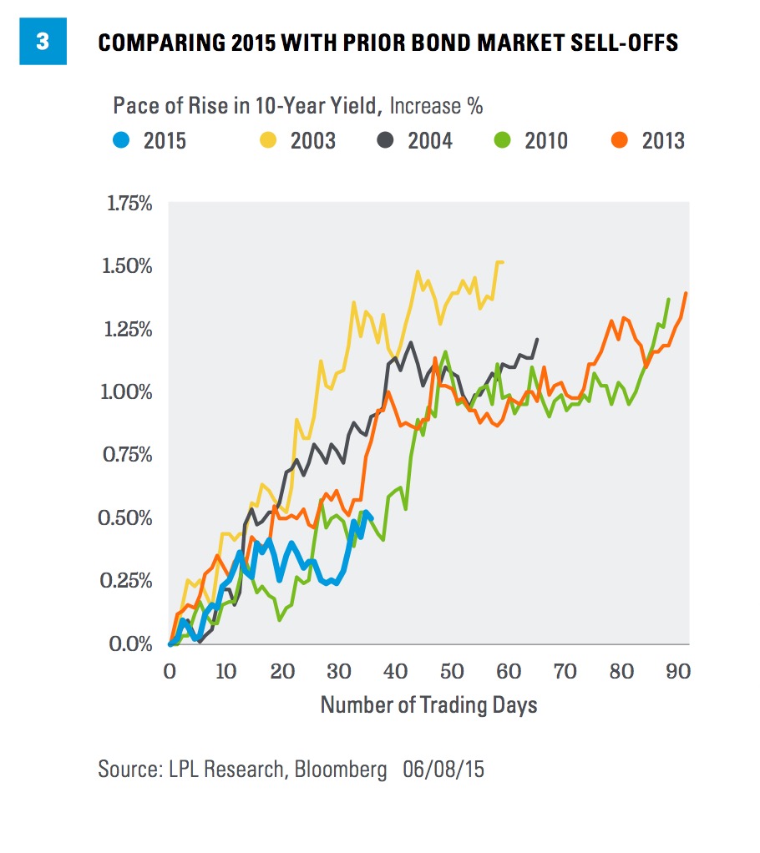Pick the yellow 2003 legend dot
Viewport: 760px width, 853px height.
(x=268, y=139)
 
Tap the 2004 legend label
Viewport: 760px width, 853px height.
(x=429, y=140)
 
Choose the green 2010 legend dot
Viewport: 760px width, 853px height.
(x=503, y=139)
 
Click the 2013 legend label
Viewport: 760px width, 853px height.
(x=663, y=140)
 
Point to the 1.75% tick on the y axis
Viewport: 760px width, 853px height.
(x=126, y=204)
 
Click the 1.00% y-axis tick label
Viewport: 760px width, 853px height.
(x=126, y=392)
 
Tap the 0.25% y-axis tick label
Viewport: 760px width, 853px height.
(x=126, y=580)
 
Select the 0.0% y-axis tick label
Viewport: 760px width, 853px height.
(x=131, y=644)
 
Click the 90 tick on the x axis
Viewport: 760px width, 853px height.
(x=678, y=670)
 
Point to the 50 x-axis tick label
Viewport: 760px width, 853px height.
(x=452, y=670)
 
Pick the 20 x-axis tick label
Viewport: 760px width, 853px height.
(x=282, y=670)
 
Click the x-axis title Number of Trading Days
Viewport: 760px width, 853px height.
(x=428, y=705)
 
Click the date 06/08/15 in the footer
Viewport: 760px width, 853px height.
(x=443, y=769)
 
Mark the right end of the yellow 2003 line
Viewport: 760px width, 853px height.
(x=503, y=262)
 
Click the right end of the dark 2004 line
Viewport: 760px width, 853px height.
(x=537, y=339)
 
